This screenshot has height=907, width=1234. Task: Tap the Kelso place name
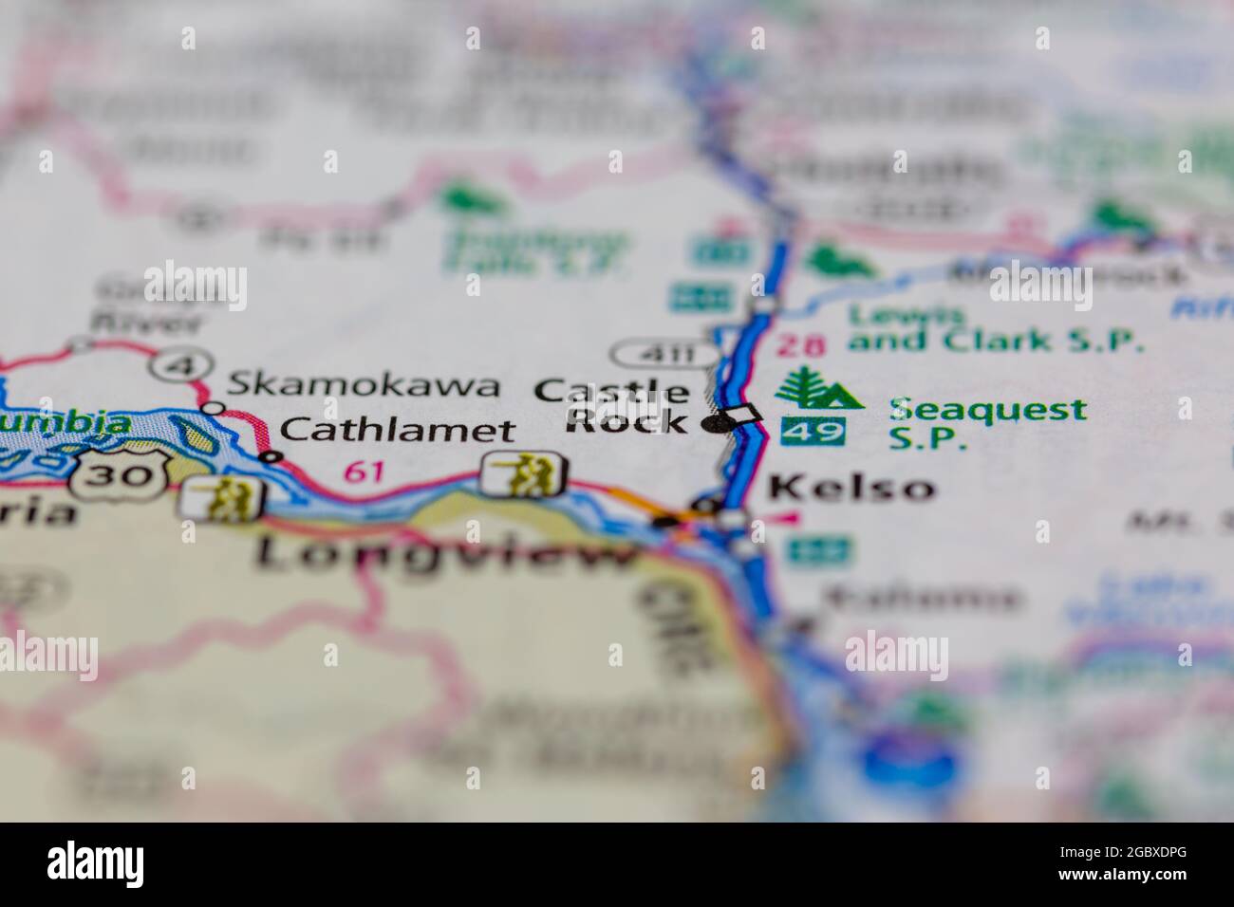[x=851, y=488]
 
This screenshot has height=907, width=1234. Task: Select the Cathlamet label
[x=398, y=430]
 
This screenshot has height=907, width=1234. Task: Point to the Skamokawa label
[x=363, y=384]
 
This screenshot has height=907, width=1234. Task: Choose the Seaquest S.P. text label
[x=987, y=423]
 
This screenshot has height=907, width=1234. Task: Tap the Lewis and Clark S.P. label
[x=995, y=329]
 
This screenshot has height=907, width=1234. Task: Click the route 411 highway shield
[x=664, y=355]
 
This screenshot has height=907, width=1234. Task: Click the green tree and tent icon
[x=817, y=388]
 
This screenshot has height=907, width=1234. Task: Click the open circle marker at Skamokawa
[x=215, y=408]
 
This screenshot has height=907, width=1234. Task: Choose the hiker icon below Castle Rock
[x=524, y=474]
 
